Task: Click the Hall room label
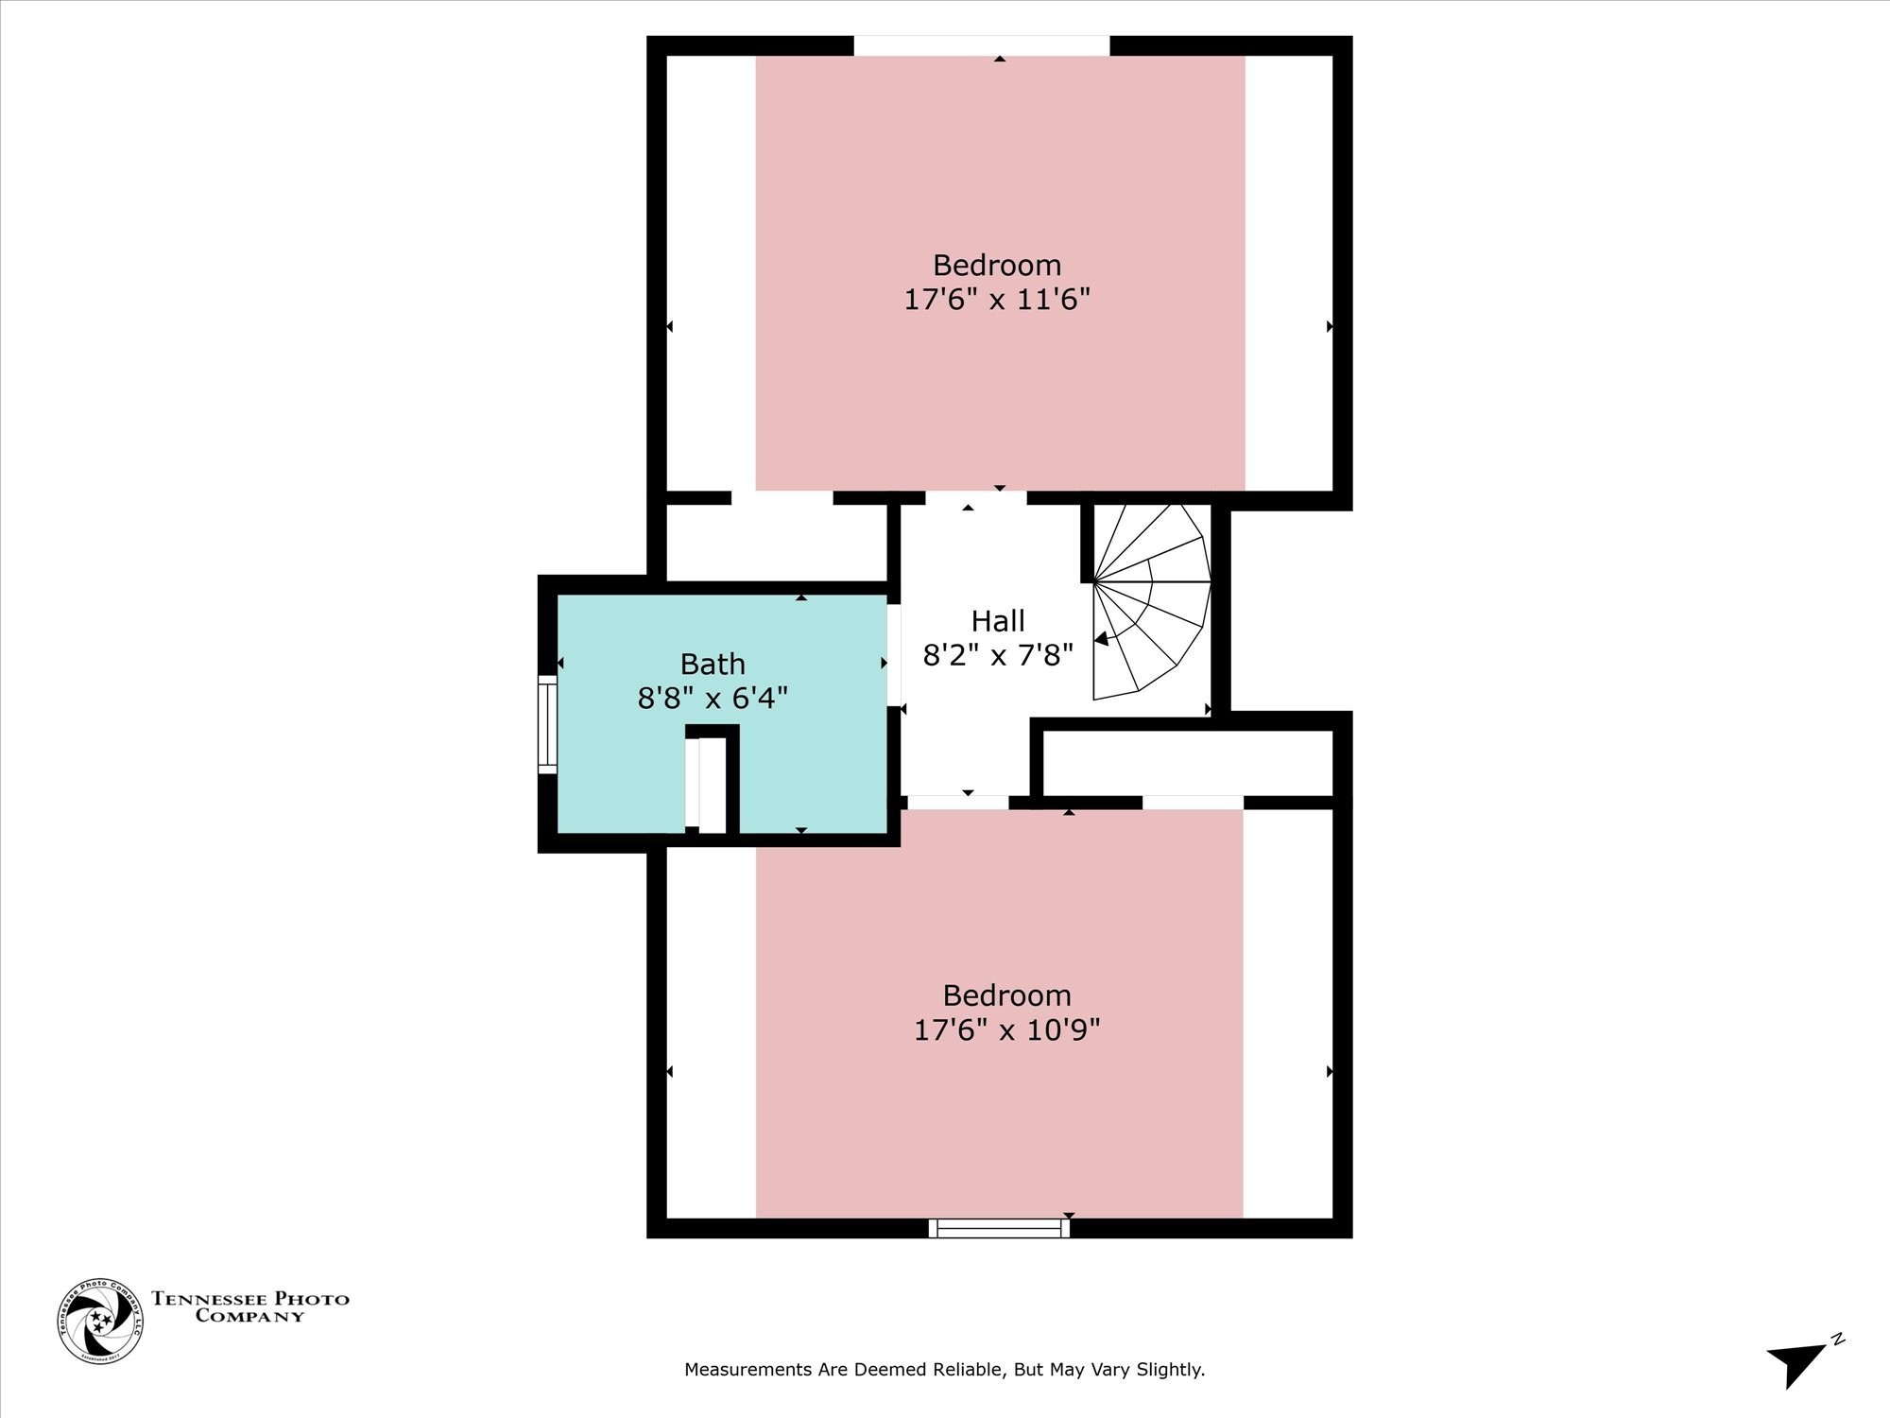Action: pos(998,621)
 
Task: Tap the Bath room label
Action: pos(713,664)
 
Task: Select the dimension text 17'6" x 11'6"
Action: pos(997,300)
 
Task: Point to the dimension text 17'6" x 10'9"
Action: pos(1006,1029)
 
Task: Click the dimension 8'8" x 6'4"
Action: pos(713,699)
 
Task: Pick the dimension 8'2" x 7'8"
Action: pos(998,655)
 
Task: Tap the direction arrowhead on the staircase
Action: pos(1102,639)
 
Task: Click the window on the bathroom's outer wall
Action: pos(547,724)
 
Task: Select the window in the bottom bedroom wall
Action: pos(999,1228)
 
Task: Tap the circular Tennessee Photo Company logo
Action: pos(100,1321)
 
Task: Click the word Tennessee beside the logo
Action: pos(210,1299)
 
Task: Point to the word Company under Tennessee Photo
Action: pos(249,1316)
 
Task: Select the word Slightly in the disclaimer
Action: pos(1171,1369)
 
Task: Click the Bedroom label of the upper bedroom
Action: pos(997,265)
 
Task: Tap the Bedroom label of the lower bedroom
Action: pos(1006,994)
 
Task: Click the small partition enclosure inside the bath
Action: pos(711,781)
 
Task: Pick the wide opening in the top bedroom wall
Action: pos(981,45)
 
